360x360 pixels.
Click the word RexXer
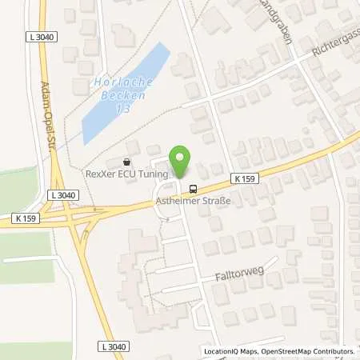(102, 174)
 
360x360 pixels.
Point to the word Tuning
(154, 174)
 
